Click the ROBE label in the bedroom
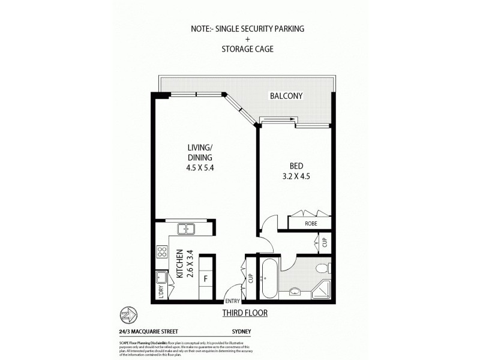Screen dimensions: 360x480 310,223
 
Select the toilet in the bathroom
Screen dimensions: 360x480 324,268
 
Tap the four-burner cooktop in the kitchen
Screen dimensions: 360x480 161,252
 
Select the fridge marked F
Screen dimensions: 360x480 205,279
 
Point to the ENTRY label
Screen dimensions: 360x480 232,301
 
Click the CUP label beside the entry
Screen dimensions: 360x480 251,278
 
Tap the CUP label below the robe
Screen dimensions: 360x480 324,242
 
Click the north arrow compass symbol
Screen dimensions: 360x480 128,314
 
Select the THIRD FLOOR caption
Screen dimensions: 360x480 245,313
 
